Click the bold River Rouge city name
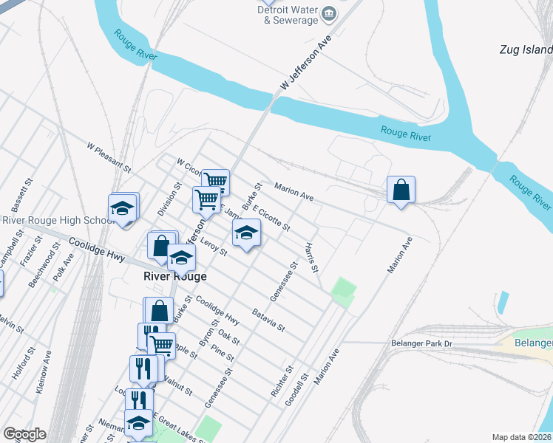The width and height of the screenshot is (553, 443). coord(174,276)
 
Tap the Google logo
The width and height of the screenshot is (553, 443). coord(25,434)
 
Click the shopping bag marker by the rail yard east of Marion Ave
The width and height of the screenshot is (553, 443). coord(401,190)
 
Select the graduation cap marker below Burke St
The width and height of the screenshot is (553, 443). coord(247,233)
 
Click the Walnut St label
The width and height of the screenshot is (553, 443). coord(179,385)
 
